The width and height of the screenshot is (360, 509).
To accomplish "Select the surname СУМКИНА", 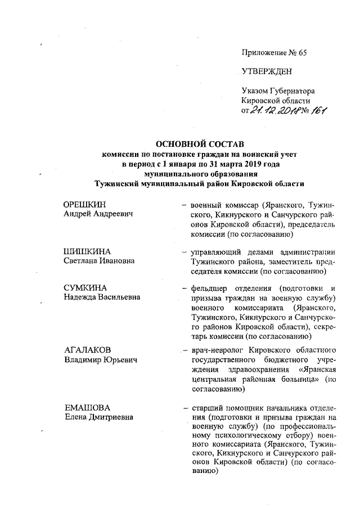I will click(x=86, y=289).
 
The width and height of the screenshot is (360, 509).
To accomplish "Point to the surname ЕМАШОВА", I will click(x=87, y=407).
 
